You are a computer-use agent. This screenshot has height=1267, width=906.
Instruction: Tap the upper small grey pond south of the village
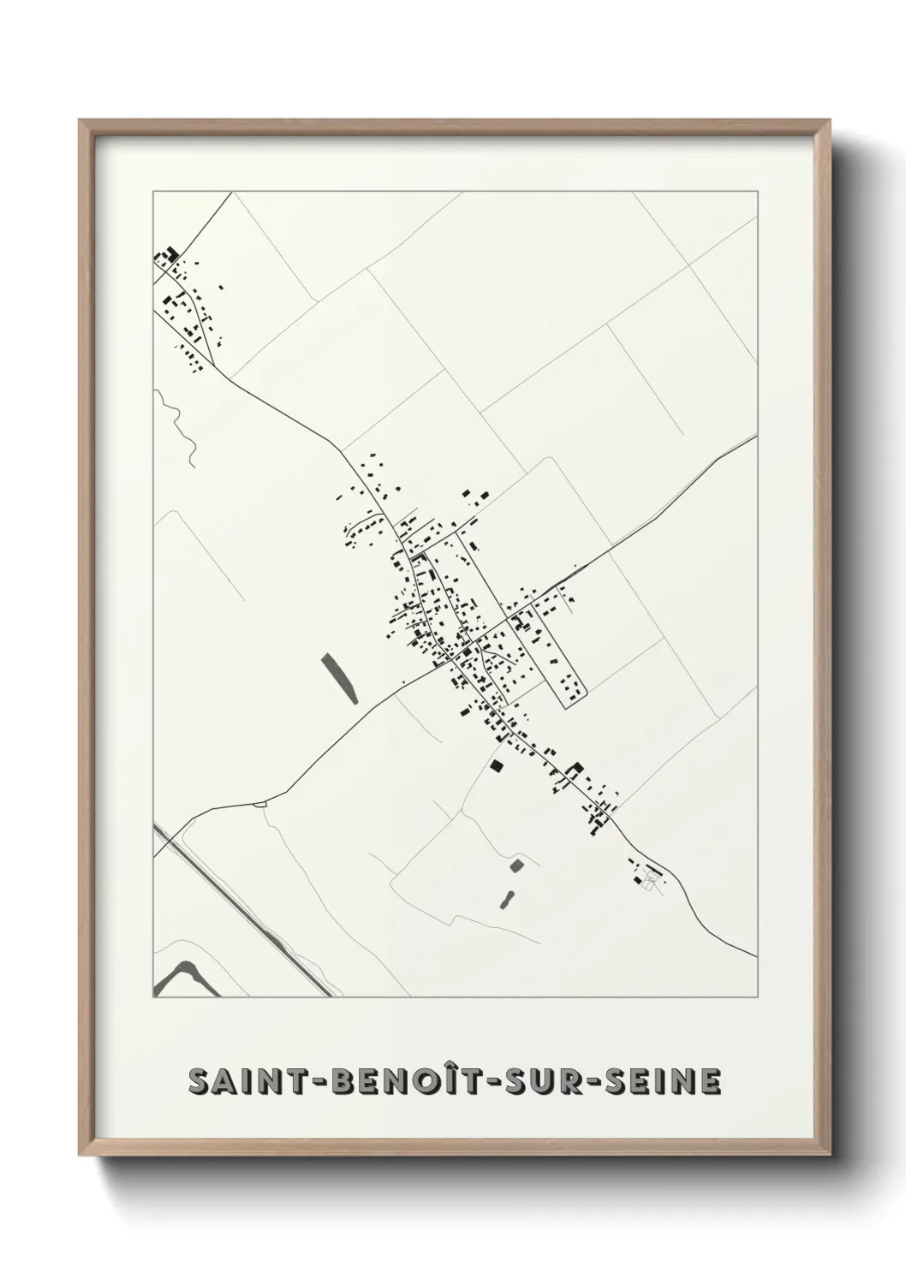516,865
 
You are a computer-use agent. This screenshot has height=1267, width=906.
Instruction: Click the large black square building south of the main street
496,766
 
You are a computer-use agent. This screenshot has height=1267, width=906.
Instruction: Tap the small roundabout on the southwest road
260,803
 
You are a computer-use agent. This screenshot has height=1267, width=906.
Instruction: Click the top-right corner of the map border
757,192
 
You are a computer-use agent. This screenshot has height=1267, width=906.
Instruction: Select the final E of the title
710,1081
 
